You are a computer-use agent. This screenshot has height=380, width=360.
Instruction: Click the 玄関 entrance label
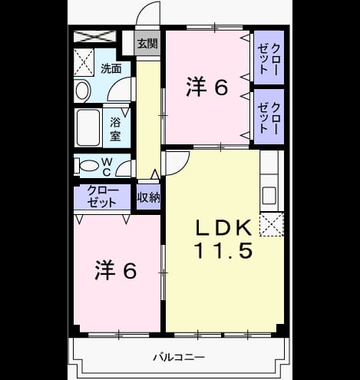coord(147,44)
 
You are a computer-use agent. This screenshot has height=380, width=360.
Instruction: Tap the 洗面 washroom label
coord(111,68)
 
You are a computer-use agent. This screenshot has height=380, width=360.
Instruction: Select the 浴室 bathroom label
coord(115,129)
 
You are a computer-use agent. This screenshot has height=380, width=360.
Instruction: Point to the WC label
coord(107,167)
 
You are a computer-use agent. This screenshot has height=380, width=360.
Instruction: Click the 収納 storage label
coord(148,197)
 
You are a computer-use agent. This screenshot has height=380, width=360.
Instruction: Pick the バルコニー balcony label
coord(179,357)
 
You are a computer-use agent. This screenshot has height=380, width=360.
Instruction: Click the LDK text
coord(223,228)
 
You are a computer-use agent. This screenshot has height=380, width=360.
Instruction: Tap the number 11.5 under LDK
coord(223,250)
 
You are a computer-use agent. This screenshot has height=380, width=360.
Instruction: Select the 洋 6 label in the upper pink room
coord(206,88)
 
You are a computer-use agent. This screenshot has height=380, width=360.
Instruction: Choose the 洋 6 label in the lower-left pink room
coord(116,270)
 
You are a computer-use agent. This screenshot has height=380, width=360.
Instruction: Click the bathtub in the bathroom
coord(88,127)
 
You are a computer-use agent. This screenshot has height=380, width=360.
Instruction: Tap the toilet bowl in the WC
coord(88,166)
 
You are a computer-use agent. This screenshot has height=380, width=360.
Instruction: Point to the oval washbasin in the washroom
coord(83,91)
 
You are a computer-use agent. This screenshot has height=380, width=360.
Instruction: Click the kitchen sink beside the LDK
coord(269,196)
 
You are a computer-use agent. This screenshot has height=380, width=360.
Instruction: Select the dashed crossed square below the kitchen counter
coord(272,224)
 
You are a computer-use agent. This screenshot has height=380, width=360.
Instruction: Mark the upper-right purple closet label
coord(269,59)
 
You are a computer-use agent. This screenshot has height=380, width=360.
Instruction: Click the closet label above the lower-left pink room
coord(102,197)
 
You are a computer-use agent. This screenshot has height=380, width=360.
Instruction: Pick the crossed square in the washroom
coord(84,62)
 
